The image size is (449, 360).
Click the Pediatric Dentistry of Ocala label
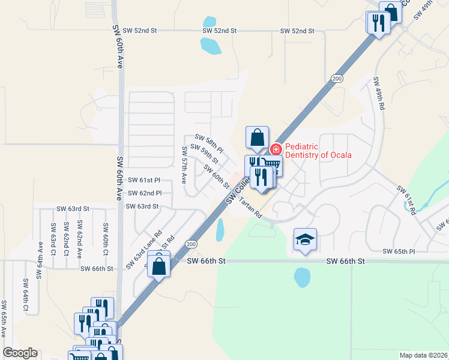pyautogui.click(x=318, y=151)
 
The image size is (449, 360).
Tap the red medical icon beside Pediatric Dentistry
pyautogui.click(x=277, y=149)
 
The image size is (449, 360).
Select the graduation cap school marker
pyautogui.click(x=305, y=240)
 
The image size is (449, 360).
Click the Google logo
pyautogui.click(x=20, y=352)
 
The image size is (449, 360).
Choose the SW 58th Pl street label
pyautogui.click(x=209, y=143)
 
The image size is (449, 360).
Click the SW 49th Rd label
pyautogui.click(x=379, y=93)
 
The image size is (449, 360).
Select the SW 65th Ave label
pyautogui.click(x=4, y=318)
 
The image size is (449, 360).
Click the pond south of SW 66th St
pyautogui.click(x=302, y=277)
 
